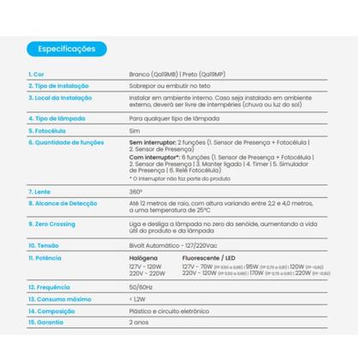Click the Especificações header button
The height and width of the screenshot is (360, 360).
tap(66, 49)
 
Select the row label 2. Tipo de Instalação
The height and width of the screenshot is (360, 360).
tap(61, 87)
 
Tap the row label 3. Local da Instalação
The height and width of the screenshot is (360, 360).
tap(60, 99)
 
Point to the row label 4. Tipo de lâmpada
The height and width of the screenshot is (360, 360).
tap(55, 117)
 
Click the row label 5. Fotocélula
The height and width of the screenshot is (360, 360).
tap(48, 129)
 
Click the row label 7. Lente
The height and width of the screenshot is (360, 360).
tap(39, 191)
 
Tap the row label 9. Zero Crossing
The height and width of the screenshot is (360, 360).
tap(55, 223)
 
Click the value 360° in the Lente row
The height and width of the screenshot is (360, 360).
tap(135, 191)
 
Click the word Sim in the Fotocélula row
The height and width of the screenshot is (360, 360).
tap(133, 129)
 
